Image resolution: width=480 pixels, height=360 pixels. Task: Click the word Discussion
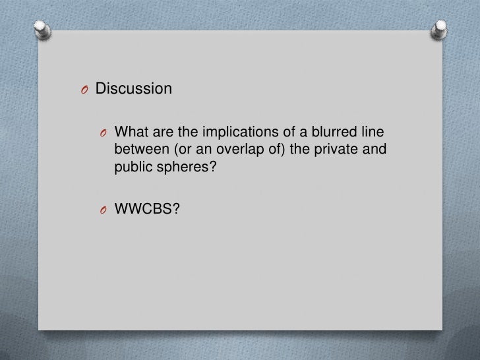point(134,88)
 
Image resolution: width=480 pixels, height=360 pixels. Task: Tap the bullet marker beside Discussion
point(84,88)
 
